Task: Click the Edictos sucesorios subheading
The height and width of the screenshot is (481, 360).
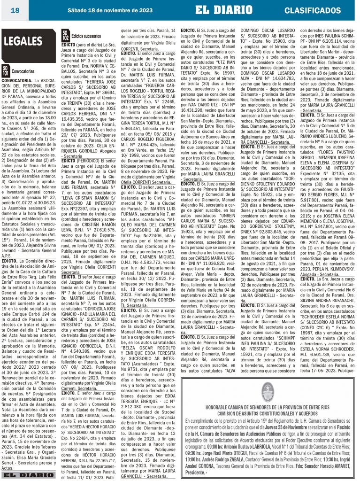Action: coord(86,36)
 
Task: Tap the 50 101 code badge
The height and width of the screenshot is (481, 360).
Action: coord(5,71)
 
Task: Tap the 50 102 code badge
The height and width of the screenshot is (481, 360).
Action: coord(65,35)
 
